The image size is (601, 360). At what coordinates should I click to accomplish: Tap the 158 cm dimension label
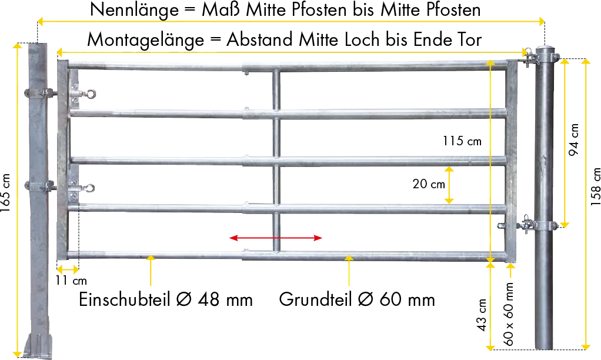pyautogui.click(x=595, y=186)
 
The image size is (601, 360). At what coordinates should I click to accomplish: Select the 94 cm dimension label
pyautogui.click(x=574, y=139)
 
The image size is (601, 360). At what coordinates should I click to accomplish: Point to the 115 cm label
pyautogui.click(x=462, y=141)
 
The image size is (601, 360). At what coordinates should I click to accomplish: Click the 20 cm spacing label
pyautogui.click(x=429, y=184)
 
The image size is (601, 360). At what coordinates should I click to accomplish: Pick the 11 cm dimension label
pyautogui.click(x=71, y=281)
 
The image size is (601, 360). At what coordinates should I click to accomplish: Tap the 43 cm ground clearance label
pyautogui.click(x=482, y=315)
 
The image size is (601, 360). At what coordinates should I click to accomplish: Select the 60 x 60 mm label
pyautogui.click(x=508, y=314)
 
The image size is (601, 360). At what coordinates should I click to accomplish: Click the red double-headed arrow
pyautogui.click(x=276, y=238)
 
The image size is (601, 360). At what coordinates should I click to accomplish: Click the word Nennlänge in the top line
pyautogui.click(x=134, y=9)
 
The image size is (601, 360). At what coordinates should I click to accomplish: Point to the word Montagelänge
pyautogui.click(x=146, y=40)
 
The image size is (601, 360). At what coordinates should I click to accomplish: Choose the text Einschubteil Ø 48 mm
pyautogui.click(x=166, y=299)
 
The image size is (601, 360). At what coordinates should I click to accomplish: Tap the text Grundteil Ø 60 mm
pyautogui.click(x=357, y=299)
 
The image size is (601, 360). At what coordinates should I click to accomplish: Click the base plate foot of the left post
pyautogui.click(x=38, y=346)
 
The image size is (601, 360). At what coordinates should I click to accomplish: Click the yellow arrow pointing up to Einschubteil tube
pyautogui.click(x=151, y=271)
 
